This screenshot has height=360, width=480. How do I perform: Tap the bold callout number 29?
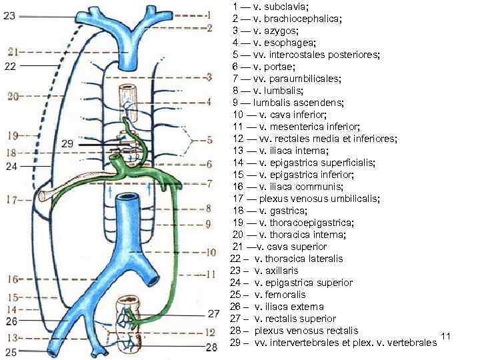coord(67,144)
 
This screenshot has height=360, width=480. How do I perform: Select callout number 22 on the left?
coord(10,66)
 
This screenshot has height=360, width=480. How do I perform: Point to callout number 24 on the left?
coord(11,167)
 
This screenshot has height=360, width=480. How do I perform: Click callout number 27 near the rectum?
coord(213,313)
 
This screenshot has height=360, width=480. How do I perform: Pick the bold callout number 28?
coord(211,347)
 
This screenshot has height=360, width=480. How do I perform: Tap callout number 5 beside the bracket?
coord(209,141)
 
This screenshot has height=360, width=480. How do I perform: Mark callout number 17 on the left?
coord(11,199)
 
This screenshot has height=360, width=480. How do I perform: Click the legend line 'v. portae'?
coord(264,67)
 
